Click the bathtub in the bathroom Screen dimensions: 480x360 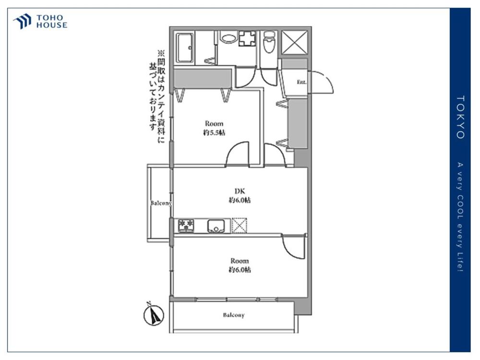pyautogui.click(x=185, y=48)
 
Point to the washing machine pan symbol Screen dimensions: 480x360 pyautogui.click(x=248, y=38)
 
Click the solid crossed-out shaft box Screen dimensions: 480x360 pyautogui.click(x=294, y=42)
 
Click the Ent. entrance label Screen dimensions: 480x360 pyautogui.click(x=301, y=82)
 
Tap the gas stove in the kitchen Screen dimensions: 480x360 pyautogui.click(x=186, y=225)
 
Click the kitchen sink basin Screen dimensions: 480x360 pyautogui.click(x=216, y=226)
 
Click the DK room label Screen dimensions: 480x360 pyautogui.click(x=240, y=192)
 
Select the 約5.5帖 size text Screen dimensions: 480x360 pyautogui.click(x=214, y=132)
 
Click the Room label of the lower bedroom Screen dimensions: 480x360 pyautogui.click(x=240, y=261)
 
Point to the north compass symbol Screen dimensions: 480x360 pyautogui.click(x=154, y=314)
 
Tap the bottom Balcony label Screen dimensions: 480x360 pyautogui.click(x=234, y=315)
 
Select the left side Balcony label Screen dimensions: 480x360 pyautogui.click(x=161, y=203)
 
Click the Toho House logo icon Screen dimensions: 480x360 pyautogui.click(x=22, y=22)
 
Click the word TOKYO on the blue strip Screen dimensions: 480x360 pyautogui.click(x=460, y=117)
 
